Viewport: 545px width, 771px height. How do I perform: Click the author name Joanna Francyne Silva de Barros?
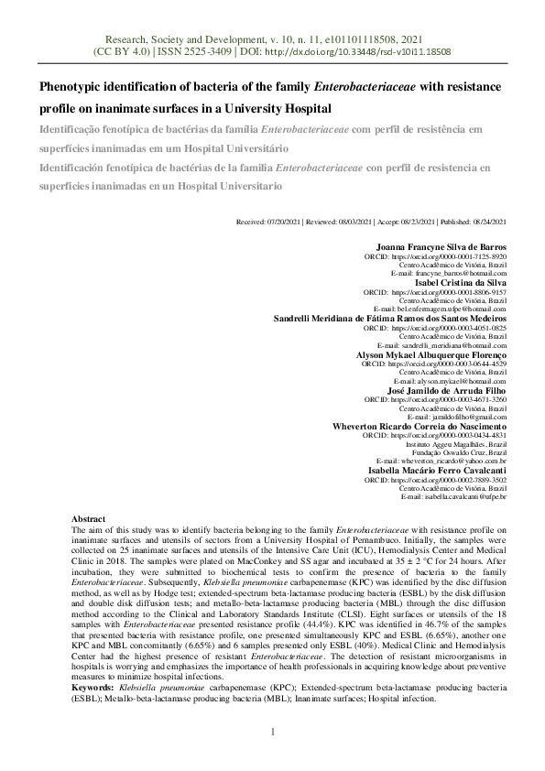(x=441, y=247)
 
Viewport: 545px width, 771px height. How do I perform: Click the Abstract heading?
(x=88, y=518)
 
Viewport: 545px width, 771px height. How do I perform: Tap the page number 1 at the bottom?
(x=272, y=732)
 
